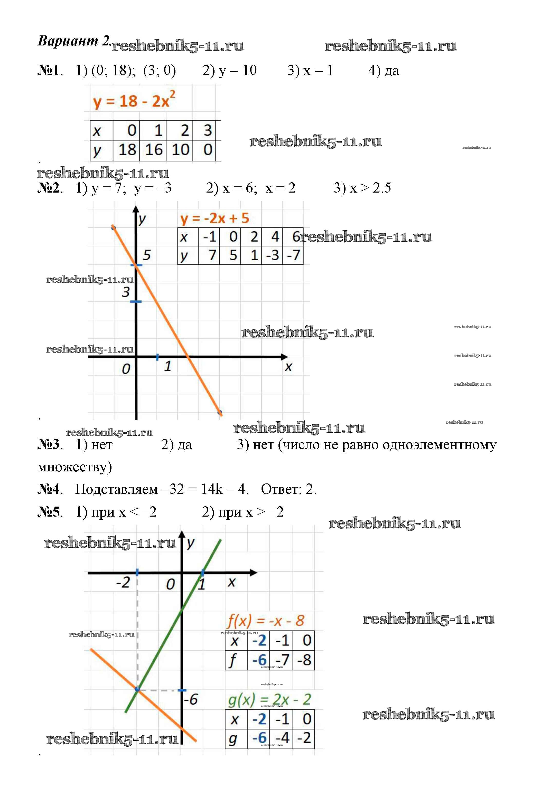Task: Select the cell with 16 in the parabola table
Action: [x=153, y=150]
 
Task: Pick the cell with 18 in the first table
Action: [x=127, y=150]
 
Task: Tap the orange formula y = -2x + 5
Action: [x=214, y=218]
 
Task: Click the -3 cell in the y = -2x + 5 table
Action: [x=272, y=255]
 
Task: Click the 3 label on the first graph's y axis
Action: [x=126, y=292]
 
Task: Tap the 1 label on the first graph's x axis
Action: [x=167, y=366]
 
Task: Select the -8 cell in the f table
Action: [x=304, y=660]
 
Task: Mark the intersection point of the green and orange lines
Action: [x=137, y=690]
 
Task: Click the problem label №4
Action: [x=49, y=489]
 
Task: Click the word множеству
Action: [x=75, y=467]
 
